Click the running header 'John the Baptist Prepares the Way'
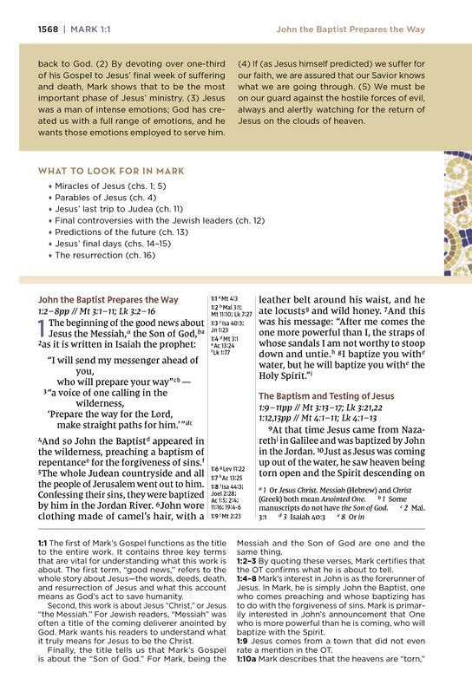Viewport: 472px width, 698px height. click(x=350, y=29)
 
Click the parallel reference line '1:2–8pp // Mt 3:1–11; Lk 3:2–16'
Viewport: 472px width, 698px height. click(x=96, y=310)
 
